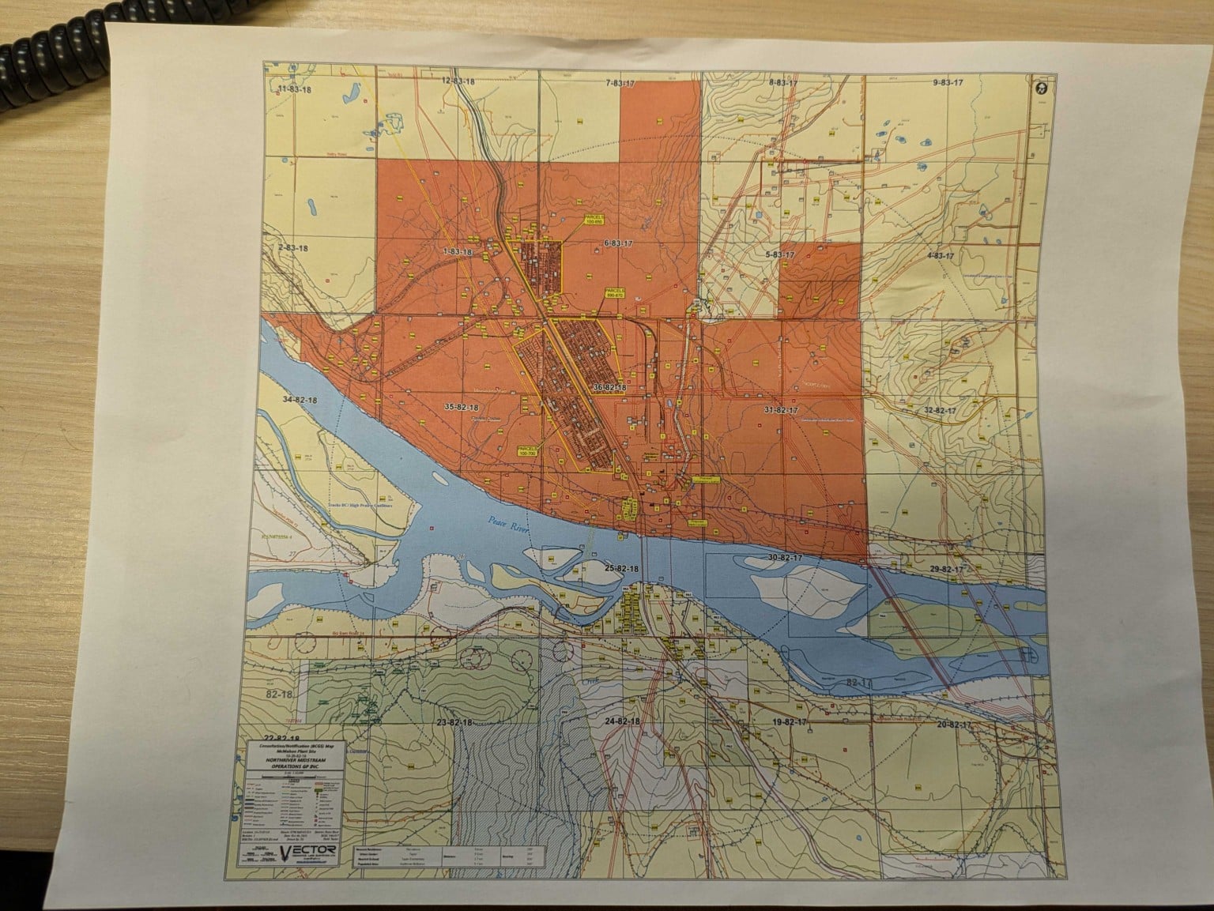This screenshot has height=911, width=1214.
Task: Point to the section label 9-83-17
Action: coord(948,82)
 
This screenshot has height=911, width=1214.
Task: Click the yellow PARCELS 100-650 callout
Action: coord(595,220)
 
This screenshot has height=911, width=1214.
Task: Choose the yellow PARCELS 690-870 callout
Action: coord(615,292)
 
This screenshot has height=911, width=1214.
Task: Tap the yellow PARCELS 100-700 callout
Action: coord(527,450)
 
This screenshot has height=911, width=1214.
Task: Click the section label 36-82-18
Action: coord(609,388)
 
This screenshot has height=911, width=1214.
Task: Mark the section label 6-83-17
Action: coord(619,243)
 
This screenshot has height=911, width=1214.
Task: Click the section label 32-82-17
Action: coord(941,411)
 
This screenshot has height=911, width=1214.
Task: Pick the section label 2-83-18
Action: coord(292,247)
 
